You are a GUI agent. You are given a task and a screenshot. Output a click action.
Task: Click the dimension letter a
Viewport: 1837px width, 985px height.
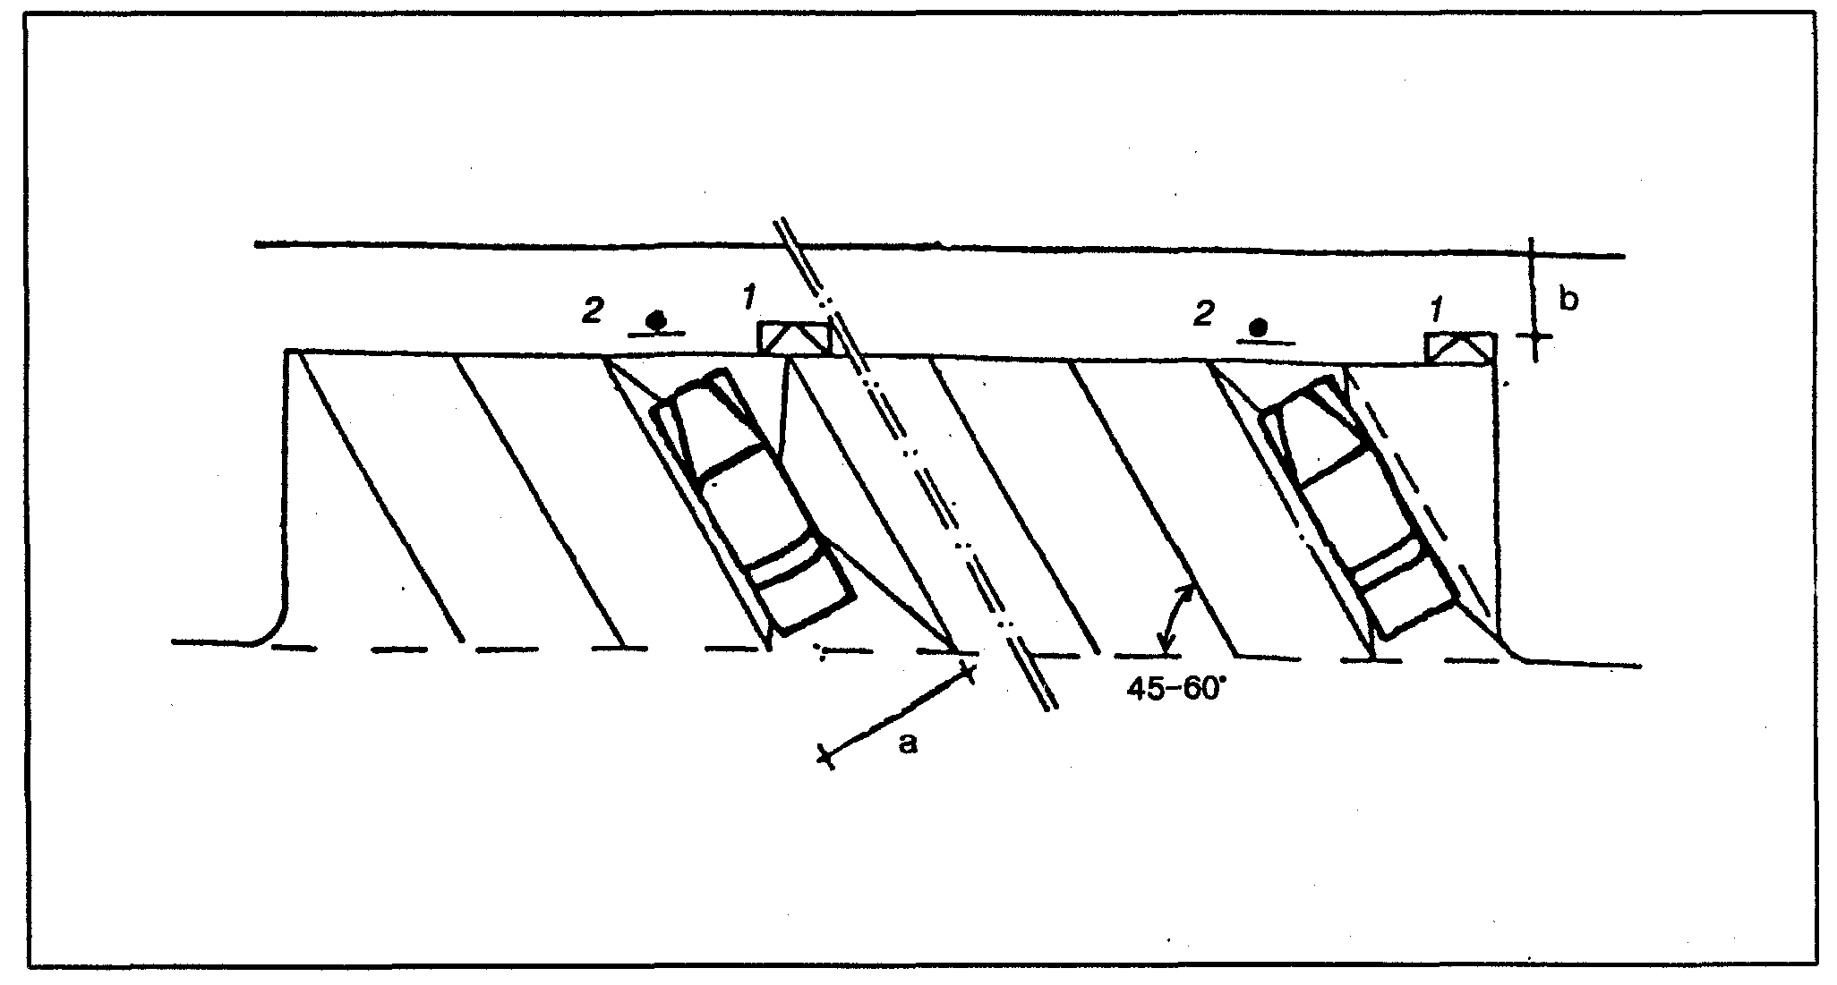coord(908,743)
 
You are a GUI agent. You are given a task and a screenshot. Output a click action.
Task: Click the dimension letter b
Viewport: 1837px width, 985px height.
coord(1569,301)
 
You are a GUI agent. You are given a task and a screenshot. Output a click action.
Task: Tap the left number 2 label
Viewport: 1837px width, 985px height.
coord(591,312)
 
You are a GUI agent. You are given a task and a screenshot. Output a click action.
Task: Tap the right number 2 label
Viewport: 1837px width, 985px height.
coord(1204,312)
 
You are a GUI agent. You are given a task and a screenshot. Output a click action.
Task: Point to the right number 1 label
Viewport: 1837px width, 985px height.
coord(1436,310)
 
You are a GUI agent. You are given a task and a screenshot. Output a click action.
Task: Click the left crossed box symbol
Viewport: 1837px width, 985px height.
coord(793,338)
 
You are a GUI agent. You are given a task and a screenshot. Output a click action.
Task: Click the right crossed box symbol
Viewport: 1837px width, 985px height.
coord(1459,347)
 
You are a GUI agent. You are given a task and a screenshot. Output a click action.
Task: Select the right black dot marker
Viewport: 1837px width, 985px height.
coord(1260,327)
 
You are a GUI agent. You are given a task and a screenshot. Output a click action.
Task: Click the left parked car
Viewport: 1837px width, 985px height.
coord(752,501)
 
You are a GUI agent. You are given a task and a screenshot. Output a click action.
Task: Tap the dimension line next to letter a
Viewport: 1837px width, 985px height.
coord(895,716)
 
